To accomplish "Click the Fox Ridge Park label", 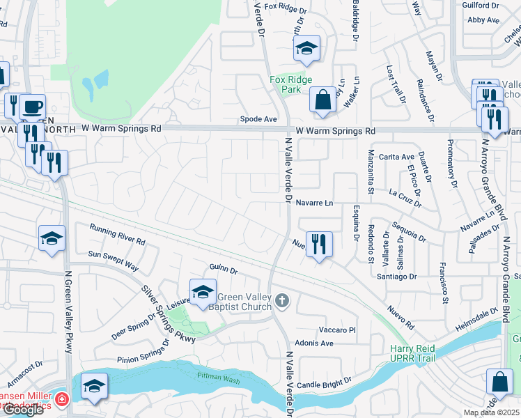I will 290,84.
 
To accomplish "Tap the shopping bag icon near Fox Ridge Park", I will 323,100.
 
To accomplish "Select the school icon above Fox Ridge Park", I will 305,49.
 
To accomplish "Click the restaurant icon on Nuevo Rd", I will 319,245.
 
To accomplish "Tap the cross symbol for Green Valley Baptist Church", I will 281,300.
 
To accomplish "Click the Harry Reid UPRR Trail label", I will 422,353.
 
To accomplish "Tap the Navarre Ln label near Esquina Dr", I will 315,203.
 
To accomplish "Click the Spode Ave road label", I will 258,119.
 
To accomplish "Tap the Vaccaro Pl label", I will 337,330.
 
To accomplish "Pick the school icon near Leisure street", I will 203,293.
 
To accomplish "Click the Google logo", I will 24,410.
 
